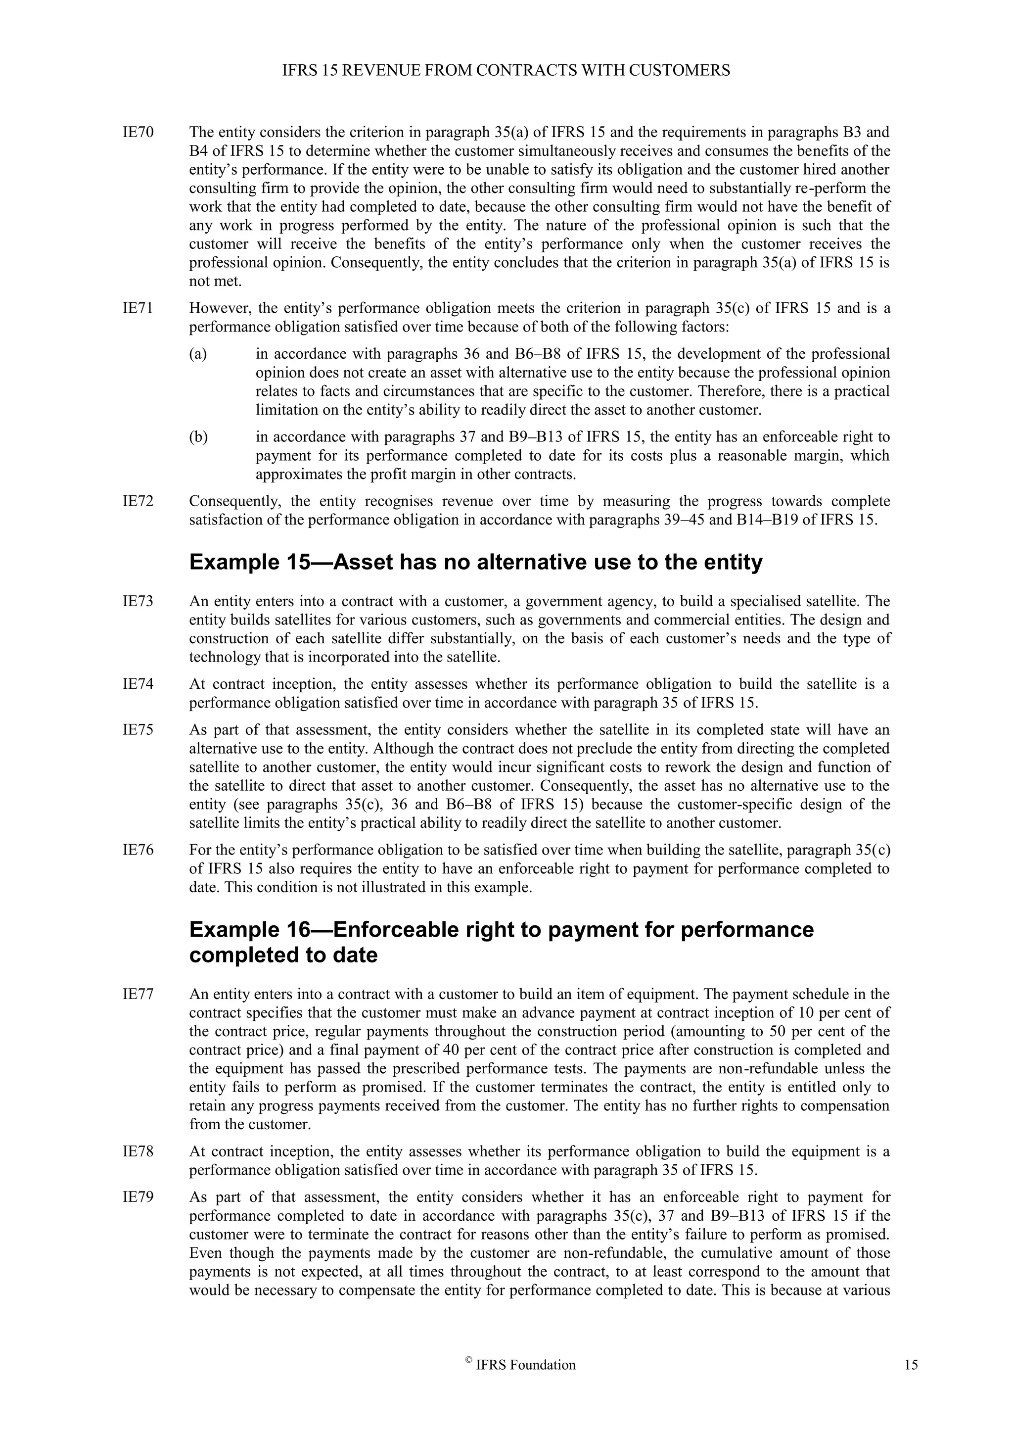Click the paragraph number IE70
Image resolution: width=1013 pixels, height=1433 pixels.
pyautogui.click(x=138, y=132)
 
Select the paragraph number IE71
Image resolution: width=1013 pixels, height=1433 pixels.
pyautogui.click(x=138, y=308)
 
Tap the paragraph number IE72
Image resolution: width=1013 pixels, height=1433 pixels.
pyautogui.click(x=138, y=501)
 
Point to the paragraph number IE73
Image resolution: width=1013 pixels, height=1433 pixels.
pyautogui.click(x=138, y=602)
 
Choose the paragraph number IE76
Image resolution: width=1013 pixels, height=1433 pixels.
pyautogui.click(x=138, y=850)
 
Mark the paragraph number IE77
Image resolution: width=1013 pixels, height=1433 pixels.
pyautogui.click(x=138, y=994)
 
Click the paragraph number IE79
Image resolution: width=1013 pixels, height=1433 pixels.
pyautogui.click(x=138, y=1197)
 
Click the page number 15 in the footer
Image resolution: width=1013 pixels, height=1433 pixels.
pyautogui.click(x=911, y=1365)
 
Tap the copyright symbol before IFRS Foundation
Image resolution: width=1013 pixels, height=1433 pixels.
pyautogui.click(x=468, y=1362)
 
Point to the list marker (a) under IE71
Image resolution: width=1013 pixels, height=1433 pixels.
pyautogui.click(x=198, y=354)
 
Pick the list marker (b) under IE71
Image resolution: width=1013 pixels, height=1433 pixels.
pyautogui.click(x=198, y=437)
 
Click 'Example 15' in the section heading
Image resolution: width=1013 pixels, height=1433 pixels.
pyautogui.click(x=249, y=562)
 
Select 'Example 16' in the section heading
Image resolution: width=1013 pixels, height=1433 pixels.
pyautogui.click(x=249, y=929)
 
